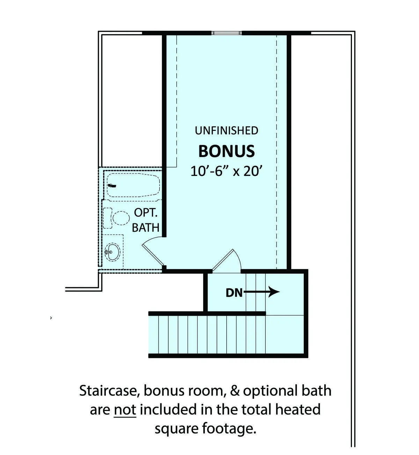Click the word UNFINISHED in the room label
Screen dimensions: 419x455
point(227,130)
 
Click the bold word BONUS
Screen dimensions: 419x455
point(227,151)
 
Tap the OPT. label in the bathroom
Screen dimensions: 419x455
point(146,213)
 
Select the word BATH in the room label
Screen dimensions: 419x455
point(146,227)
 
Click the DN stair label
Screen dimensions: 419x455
point(234,293)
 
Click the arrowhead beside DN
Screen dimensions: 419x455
point(274,292)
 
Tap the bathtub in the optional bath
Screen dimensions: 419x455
point(133,185)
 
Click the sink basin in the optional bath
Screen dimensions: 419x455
point(112,252)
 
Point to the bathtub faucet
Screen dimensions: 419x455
point(112,186)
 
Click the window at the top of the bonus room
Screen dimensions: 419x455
point(227,33)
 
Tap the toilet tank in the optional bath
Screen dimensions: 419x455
point(108,218)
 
